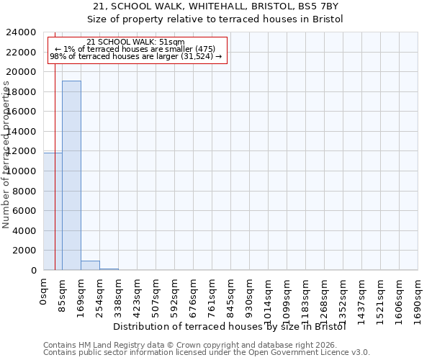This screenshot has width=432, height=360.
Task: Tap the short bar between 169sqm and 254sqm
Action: [90, 265]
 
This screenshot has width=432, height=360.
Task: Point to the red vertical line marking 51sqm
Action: [55, 180]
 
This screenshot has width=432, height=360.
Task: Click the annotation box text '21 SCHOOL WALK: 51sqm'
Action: [135, 42]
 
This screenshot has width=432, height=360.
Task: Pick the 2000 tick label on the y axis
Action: [27, 251]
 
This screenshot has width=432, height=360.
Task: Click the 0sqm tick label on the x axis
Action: [44, 291]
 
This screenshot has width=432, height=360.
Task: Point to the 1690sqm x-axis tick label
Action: [418, 299]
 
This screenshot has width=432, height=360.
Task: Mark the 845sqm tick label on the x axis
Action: [231, 296]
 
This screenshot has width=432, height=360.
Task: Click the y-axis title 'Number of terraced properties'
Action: [6, 154]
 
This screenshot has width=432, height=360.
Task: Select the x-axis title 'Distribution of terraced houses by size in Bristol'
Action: [230, 326]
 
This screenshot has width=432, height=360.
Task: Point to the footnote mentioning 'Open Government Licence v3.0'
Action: [207, 352]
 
